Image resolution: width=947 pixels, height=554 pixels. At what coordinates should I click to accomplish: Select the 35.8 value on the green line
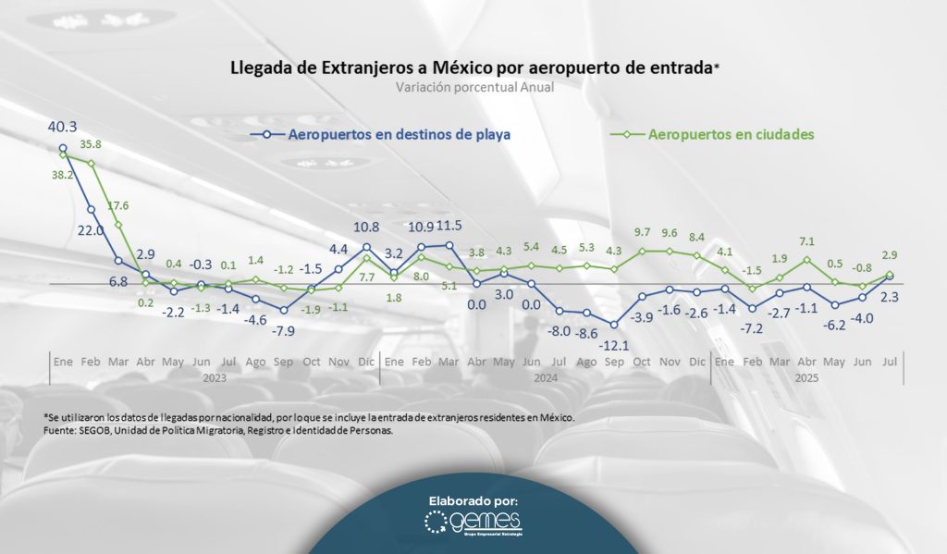tap(90, 144)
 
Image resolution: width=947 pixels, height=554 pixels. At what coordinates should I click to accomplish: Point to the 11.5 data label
tap(449, 225)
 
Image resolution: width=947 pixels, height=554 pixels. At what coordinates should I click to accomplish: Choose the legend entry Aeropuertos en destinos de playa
tap(400, 134)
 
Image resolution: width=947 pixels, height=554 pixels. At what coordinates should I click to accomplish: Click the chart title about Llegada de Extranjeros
tap(473, 68)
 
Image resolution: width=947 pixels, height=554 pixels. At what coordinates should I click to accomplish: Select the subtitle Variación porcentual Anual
tap(473, 89)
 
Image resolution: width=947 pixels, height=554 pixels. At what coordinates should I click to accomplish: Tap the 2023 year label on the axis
tap(215, 377)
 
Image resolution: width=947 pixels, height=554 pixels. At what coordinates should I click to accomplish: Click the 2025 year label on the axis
tap(806, 377)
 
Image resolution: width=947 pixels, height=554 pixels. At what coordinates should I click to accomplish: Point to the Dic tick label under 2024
tap(695, 362)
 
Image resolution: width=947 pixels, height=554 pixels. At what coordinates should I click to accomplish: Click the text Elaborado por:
tap(473, 500)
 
